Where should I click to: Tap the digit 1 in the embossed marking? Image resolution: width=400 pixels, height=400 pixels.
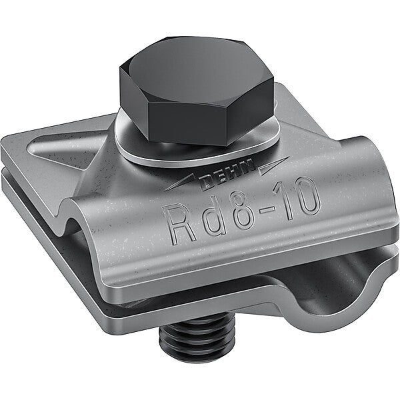[286, 199]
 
